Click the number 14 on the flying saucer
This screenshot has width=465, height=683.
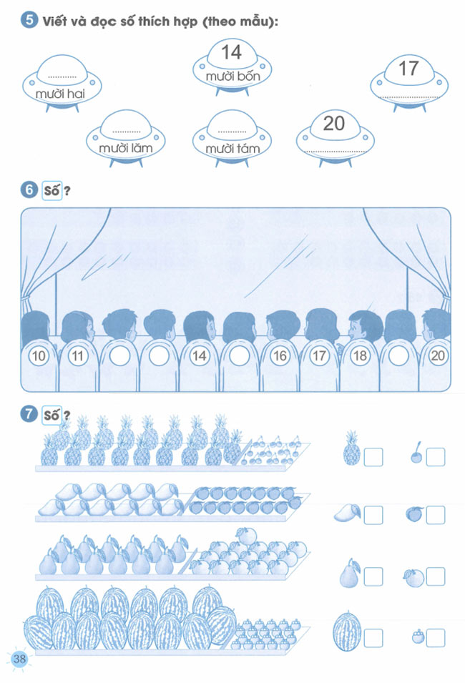(231, 53)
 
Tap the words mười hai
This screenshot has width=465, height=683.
(60, 94)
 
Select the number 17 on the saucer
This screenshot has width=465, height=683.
(408, 69)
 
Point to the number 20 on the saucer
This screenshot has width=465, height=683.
(334, 124)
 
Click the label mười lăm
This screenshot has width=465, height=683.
(125, 148)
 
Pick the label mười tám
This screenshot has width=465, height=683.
(232, 149)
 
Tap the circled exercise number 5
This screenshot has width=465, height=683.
(29, 21)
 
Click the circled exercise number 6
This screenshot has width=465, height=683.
(29, 190)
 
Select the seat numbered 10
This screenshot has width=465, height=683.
(39, 356)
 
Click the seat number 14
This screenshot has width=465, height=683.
(199, 356)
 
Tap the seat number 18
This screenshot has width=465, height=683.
(360, 356)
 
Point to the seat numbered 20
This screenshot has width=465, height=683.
(438, 356)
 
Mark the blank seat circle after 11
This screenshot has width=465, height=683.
(119, 356)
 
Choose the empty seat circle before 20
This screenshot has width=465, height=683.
(398, 356)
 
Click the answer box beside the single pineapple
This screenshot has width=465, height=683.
(373, 457)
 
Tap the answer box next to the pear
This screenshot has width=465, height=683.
(373, 576)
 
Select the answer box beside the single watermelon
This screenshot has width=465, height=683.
(373, 638)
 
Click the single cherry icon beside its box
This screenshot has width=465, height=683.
(416, 453)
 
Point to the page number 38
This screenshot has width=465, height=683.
(19, 658)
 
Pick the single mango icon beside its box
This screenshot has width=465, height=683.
(348, 513)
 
